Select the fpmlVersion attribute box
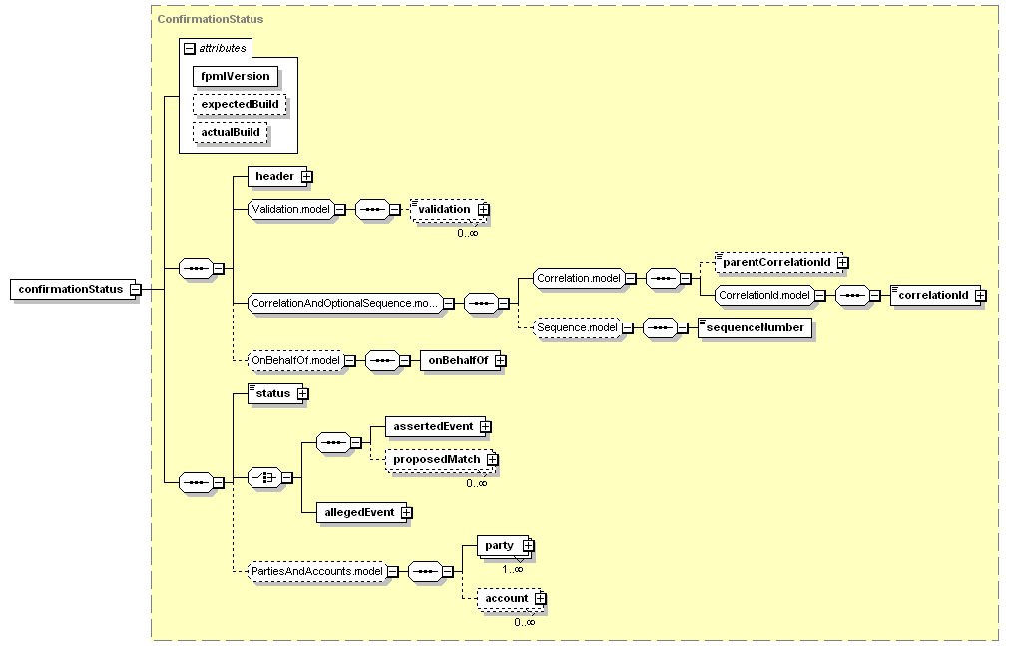click(x=236, y=76)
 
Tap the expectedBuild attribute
click(x=240, y=105)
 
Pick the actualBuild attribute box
click(x=230, y=133)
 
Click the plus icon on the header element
click(x=307, y=176)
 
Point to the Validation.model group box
click(x=291, y=209)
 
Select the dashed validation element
click(x=448, y=210)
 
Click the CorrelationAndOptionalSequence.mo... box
click(x=345, y=303)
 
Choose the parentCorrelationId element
click(x=778, y=263)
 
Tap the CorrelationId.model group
click(x=764, y=295)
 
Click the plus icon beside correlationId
click(x=981, y=295)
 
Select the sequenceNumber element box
click(x=755, y=327)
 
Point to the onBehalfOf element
click(x=461, y=360)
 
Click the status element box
click(x=275, y=393)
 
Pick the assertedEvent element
click(x=436, y=426)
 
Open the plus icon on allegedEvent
click(x=406, y=512)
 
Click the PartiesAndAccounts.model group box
click(x=318, y=571)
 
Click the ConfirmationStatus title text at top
click(x=211, y=19)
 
